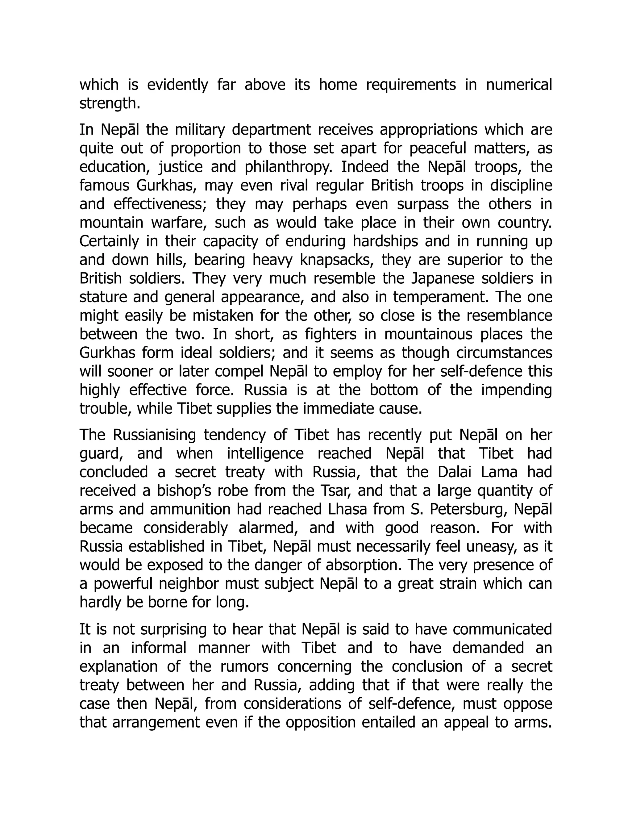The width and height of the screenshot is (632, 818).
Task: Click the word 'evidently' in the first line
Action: click(x=177, y=85)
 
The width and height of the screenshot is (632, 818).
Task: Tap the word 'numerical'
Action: click(x=519, y=85)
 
